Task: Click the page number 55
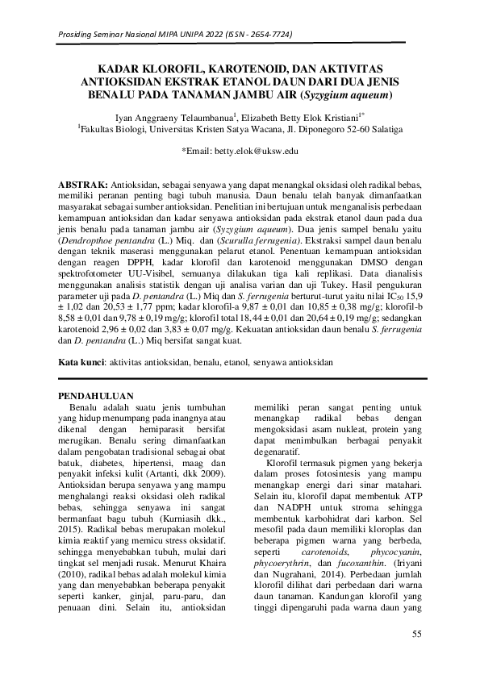417,634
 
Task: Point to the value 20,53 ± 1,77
136,309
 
